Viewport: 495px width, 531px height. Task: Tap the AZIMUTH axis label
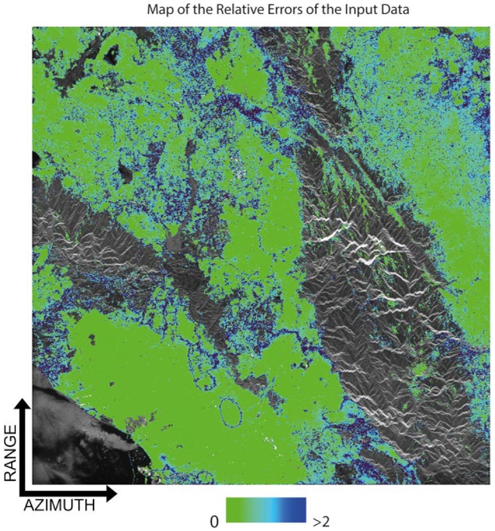pyautogui.click(x=59, y=505)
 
